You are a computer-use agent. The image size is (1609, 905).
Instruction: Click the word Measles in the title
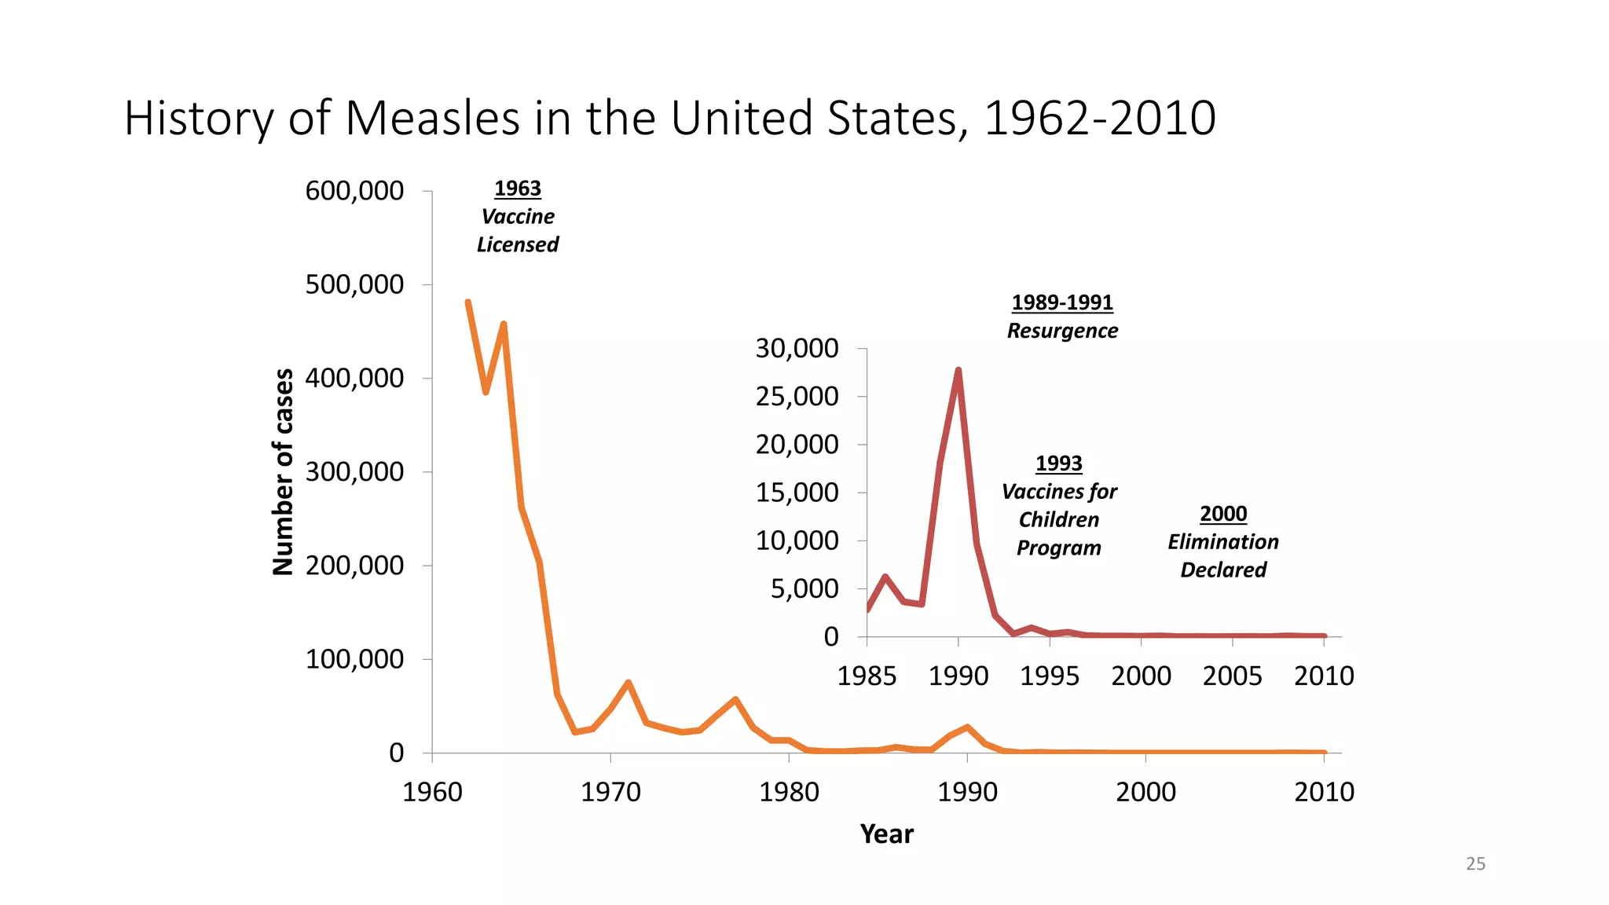tap(433, 118)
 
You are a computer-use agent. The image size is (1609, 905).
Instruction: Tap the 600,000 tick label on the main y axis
tap(354, 191)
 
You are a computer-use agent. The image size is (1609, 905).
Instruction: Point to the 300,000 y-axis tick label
tap(354, 472)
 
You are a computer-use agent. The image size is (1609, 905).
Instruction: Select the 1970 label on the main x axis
tap(610, 792)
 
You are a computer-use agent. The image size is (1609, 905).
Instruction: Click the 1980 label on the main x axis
tap(789, 792)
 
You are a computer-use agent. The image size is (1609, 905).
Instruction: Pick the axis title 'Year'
tap(886, 834)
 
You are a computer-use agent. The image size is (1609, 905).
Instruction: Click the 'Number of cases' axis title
tap(283, 472)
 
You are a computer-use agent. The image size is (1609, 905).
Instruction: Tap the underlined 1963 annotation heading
tap(518, 189)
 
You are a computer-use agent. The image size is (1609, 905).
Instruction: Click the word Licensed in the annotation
tap(518, 245)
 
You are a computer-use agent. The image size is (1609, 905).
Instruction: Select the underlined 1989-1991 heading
tap(1062, 302)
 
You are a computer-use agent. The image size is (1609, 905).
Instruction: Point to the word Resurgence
tap(1062, 331)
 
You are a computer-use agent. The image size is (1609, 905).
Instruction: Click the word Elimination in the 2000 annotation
tap(1222, 542)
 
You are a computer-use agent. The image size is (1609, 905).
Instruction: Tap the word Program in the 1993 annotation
tap(1058, 548)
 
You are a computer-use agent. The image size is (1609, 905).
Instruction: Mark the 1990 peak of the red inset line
tap(958, 371)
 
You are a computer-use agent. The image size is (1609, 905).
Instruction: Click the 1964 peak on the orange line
tap(504, 324)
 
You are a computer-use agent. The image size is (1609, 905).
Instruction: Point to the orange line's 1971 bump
tap(629, 683)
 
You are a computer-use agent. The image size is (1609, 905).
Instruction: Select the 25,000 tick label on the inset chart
tap(797, 397)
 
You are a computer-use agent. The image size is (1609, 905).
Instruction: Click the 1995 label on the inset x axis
tap(1050, 676)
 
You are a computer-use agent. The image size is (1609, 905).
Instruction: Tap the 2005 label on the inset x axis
tap(1232, 676)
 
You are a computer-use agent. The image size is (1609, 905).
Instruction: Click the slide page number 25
tap(1475, 864)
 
